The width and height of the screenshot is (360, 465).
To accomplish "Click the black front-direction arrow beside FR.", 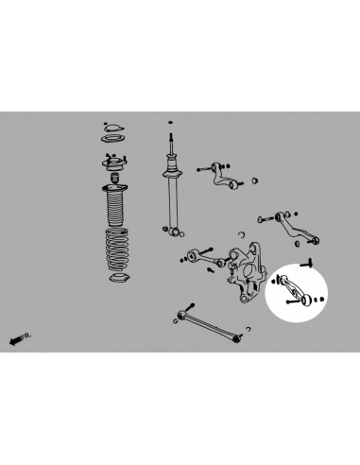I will point(13,341).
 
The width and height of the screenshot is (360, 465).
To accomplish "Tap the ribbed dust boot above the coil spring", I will point(114,208).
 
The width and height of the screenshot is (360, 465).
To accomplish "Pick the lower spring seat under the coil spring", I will point(120,281).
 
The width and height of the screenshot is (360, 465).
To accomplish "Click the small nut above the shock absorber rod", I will point(170,123).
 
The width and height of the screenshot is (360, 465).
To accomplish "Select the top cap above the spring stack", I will point(112,126).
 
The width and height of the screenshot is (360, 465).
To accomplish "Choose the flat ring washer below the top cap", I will point(112,142).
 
